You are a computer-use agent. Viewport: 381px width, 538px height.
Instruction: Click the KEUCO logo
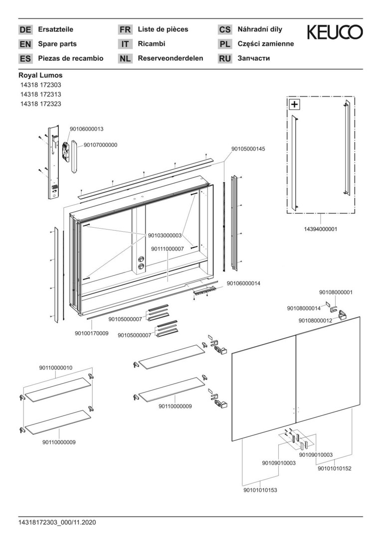tap(335, 32)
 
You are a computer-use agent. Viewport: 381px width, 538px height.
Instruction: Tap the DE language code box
tap(25, 30)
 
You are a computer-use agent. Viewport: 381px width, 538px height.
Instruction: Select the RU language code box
tap(225, 59)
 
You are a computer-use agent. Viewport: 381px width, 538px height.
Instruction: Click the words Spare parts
tap(57, 44)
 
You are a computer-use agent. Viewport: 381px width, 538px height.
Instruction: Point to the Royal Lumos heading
tap(40, 75)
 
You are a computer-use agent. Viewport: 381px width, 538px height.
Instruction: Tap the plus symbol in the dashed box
tap(295, 104)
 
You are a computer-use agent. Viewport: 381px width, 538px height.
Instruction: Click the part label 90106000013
tap(86, 129)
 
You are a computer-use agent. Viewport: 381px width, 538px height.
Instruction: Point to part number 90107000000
tap(100, 145)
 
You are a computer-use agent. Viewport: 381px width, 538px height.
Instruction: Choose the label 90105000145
tap(248, 149)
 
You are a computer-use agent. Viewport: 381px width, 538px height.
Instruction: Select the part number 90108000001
tap(336, 292)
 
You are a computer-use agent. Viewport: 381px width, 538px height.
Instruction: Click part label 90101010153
tap(260, 490)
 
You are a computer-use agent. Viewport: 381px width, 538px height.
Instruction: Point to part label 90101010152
tap(334, 468)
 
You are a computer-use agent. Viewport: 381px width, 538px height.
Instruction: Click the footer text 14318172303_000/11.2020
tap(57, 523)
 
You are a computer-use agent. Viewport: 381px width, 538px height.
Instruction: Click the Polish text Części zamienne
tap(266, 44)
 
